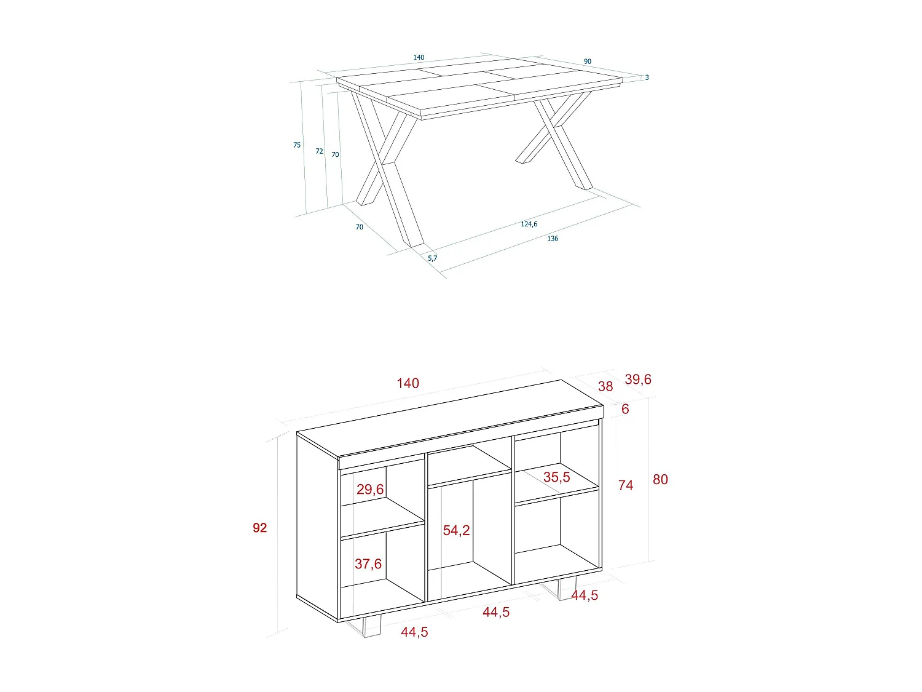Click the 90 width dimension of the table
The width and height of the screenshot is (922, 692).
tap(588, 62)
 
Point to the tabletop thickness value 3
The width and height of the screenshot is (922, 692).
tap(647, 78)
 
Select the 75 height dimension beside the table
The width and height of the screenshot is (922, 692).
tap(297, 145)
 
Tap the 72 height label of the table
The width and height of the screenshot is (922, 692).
tap(319, 151)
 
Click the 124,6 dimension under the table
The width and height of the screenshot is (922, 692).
tap(529, 224)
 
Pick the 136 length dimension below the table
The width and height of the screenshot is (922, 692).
tap(553, 239)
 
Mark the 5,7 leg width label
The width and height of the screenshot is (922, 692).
tap(432, 258)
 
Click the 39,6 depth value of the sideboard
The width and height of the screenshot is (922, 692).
tap(637, 380)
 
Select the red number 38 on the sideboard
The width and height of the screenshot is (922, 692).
tap(605, 386)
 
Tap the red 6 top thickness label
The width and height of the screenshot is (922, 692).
tap(625, 409)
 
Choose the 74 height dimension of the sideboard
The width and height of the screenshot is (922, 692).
tap(626, 485)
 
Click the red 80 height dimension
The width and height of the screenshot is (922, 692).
tap(660, 479)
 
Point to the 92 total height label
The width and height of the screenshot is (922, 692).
tap(260, 528)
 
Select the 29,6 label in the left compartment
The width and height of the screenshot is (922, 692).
tap(370, 489)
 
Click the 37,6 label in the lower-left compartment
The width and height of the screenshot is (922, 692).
tap(368, 563)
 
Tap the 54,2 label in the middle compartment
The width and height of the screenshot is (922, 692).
tap(456, 530)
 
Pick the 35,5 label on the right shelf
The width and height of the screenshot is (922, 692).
tap(556, 477)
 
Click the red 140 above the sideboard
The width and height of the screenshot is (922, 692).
tap(408, 383)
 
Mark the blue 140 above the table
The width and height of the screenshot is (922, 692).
tap(419, 57)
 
